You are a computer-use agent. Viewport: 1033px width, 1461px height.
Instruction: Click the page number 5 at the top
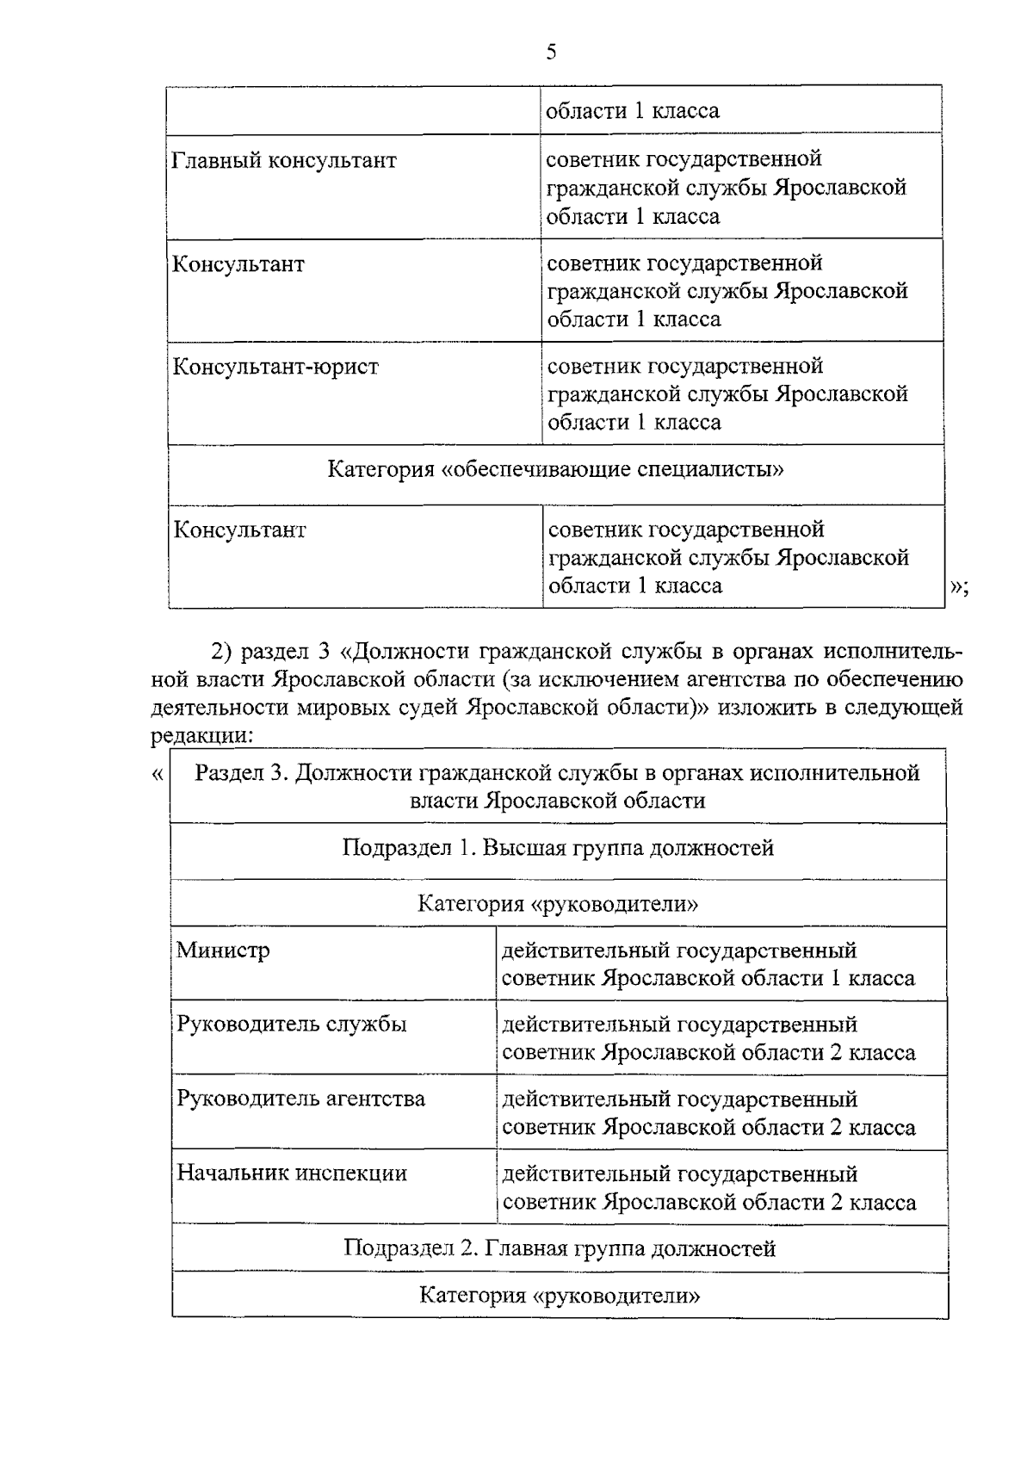551,53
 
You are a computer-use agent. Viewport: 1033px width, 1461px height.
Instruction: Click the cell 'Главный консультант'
284,161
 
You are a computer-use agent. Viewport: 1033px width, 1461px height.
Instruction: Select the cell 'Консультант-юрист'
275,367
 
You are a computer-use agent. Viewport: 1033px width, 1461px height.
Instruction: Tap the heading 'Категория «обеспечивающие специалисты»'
555,470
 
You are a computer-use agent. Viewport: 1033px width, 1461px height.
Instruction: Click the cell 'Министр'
223,950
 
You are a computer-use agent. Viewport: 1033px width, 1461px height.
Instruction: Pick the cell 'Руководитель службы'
291,1025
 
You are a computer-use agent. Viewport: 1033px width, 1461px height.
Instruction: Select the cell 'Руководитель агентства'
300,1099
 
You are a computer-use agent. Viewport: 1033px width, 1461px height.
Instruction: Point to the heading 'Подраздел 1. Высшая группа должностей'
558,848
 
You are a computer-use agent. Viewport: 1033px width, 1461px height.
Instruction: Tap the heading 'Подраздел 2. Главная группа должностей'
560,1248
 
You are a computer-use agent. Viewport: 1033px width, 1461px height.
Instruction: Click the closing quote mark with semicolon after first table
958,587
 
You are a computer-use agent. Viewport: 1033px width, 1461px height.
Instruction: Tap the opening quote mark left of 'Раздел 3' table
157,773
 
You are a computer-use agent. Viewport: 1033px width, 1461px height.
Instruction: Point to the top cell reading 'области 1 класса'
633,111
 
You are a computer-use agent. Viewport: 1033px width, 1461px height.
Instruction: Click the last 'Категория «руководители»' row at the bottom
560,1296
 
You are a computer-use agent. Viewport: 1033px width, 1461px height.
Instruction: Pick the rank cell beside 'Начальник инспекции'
708,1188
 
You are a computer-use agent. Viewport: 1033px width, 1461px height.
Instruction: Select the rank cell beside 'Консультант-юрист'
727,393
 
